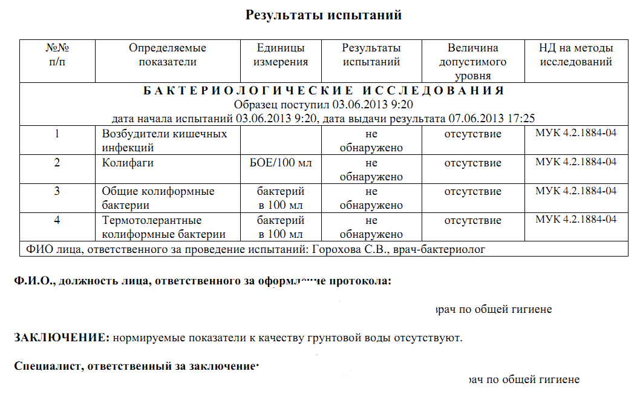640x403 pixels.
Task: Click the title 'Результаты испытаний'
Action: click(x=324, y=15)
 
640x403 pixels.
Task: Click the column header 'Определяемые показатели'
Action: click(x=168, y=54)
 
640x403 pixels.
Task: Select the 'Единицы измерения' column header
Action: click(x=281, y=54)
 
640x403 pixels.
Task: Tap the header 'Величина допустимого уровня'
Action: click(x=473, y=62)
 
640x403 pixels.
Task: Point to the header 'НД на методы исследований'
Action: click(x=576, y=54)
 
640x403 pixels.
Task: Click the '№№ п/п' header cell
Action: click(x=57, y=54)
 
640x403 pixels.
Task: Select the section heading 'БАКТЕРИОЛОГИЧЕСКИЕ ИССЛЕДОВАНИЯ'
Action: click(x=324, y=91)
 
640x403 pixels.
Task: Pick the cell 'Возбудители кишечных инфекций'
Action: click(x=165, y=140)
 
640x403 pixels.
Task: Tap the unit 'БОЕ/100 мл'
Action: click(x=281, y=163)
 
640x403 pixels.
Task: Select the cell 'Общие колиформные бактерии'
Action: click(x=158, y=198)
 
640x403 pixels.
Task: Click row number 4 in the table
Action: click(x=57, y=220)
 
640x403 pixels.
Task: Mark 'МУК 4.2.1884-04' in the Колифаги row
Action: click(x=576, y=162)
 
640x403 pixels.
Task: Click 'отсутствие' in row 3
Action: click(x=473, y=192)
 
